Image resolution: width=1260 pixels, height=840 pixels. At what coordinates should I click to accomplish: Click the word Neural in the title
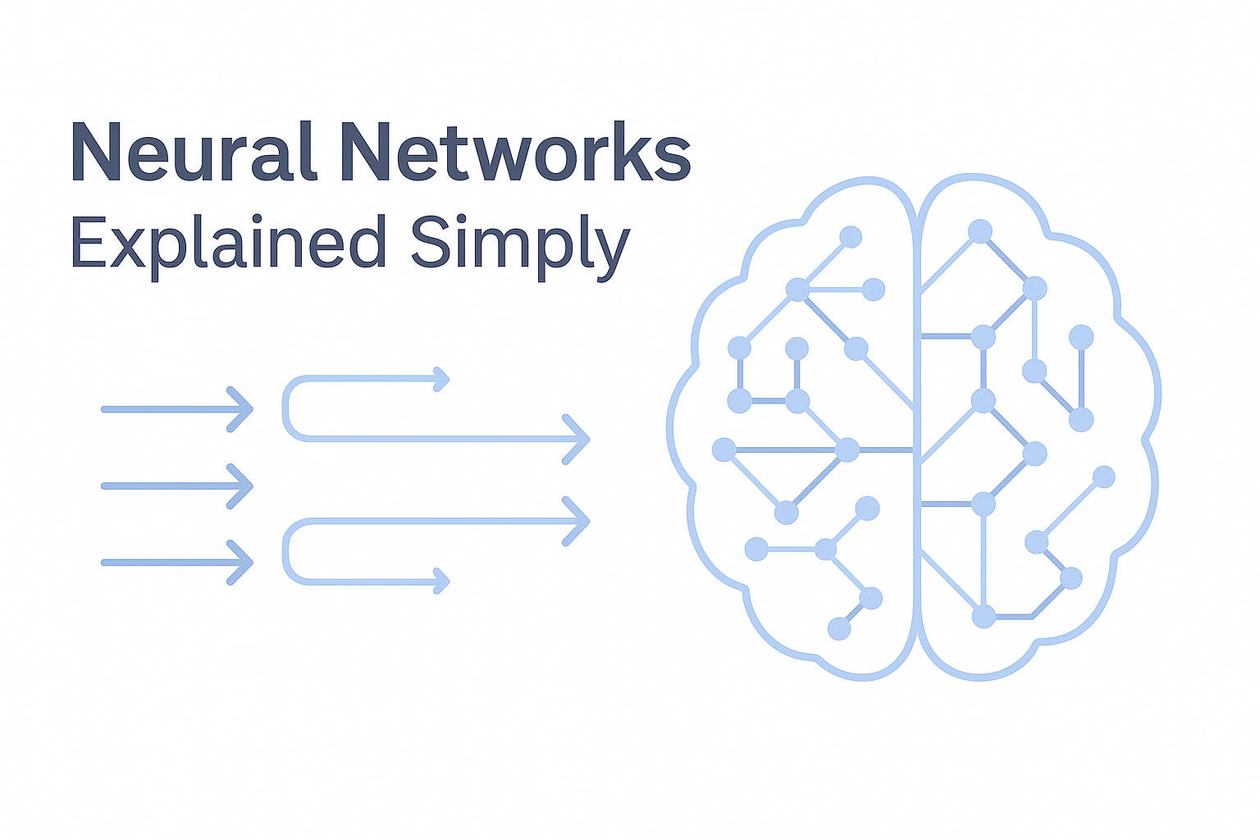point(194,153)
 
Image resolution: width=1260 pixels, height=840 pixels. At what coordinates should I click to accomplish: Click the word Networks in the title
point(516,153)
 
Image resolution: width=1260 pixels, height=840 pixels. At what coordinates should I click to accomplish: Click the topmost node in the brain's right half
point(979,231)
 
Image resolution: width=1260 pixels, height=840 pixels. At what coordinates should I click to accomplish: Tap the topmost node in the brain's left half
point(851,237)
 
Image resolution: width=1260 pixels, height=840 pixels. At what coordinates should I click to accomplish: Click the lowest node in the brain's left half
point(839,629)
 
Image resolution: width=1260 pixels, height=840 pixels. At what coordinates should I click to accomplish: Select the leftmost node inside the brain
point(724,450)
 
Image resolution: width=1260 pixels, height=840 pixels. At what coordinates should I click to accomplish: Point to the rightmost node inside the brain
point(1104,477)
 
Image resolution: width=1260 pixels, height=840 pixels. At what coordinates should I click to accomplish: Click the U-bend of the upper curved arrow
point(286,409)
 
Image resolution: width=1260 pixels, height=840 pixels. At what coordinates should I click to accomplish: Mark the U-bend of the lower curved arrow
point(286,551)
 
